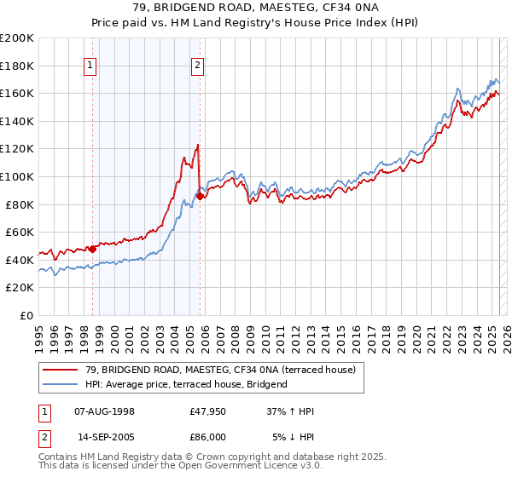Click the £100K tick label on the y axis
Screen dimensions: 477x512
[17, 176]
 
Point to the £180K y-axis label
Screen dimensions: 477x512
[17, 66]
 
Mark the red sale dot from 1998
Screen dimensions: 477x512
[92, 249]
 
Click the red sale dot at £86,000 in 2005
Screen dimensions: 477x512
[200, 196]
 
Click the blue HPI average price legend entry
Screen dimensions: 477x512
[187, 384]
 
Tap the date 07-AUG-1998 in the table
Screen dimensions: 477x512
[105, 412]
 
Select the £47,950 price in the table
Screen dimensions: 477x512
[207, 412]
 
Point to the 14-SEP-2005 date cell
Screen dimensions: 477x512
[105, 437]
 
